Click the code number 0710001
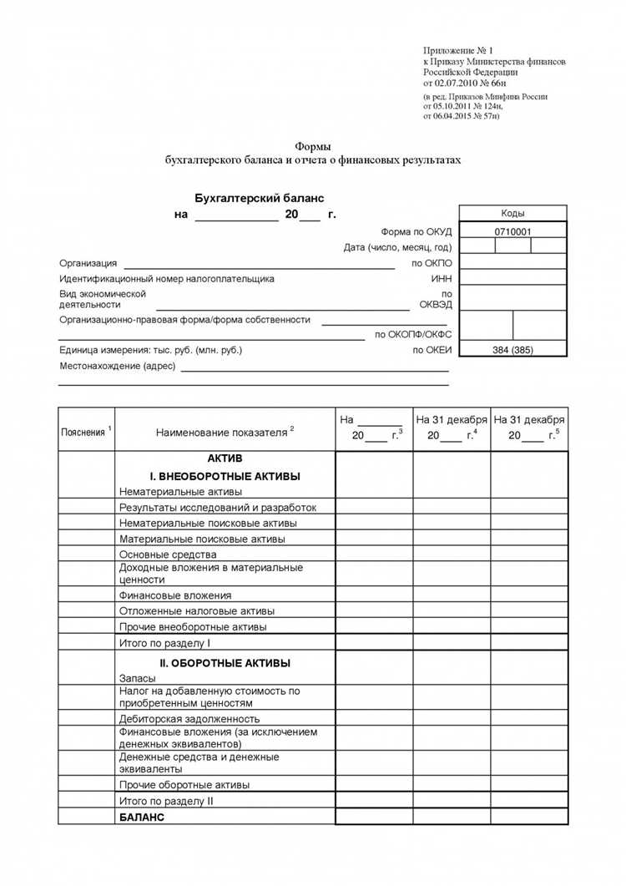click(x=512, y=231)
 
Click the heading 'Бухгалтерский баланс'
click(x=259, y=198)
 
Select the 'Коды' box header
click(x=512, y=213)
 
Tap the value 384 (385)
click(x=512, y=350)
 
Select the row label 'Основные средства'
click(x=168, y=554)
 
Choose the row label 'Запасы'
click(x=137, y=679)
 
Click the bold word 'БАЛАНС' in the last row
click(x=142, y=817)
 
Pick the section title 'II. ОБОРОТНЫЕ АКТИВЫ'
click(x=225, y=663)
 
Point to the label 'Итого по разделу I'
click(x=164, y=643)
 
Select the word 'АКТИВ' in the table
click(x=225, y=459)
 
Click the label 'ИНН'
click(x=441, y=279)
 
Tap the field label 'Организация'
click(x=88, y=263)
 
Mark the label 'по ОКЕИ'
click(x=432, y=350)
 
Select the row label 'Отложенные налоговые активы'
click(x=197, y=611)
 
